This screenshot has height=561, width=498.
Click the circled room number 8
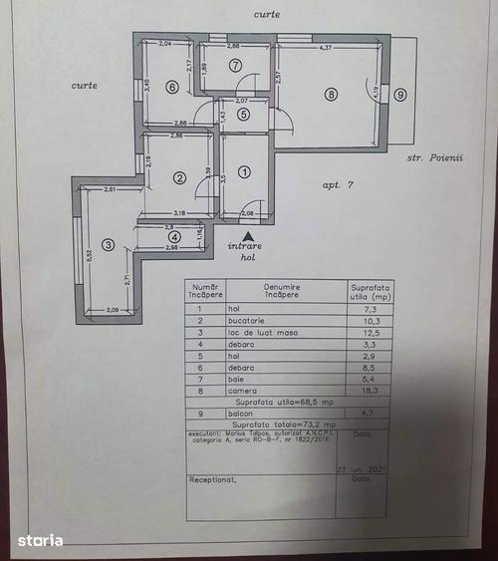coord(330,95)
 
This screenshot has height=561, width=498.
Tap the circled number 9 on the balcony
coord(399,95)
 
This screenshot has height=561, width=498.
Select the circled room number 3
coord(108,244)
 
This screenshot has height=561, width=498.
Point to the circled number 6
coord(172,87)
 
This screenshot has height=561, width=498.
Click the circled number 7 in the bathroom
coord(235,66)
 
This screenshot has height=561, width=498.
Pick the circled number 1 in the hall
coord(244,171)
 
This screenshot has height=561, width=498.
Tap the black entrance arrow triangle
coord(248,234)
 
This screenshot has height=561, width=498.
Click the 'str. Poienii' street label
coord(436,157)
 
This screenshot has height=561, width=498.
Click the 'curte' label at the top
coord(266,15)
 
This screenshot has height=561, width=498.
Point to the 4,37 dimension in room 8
coord(325,48)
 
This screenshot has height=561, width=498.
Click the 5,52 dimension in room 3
coord(88,255)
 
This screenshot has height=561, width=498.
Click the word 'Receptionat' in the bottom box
coord(215,478)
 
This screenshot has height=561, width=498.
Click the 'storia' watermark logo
coord(40,540)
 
